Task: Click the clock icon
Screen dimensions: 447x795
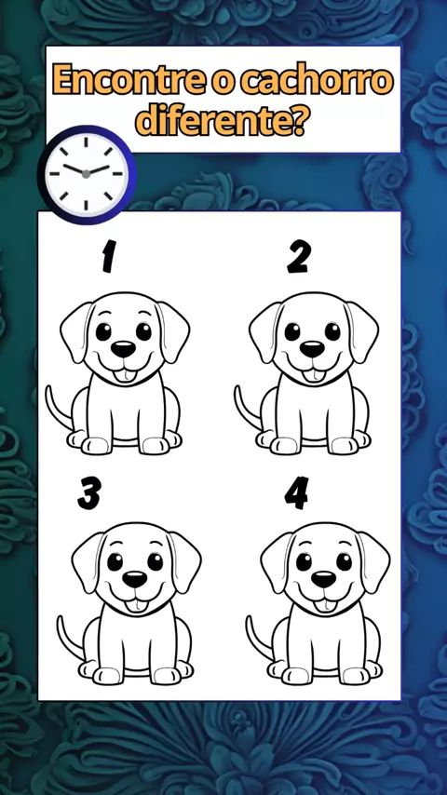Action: (87, 174)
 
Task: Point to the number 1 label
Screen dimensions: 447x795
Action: (108, 256)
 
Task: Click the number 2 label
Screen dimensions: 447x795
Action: (298, 256)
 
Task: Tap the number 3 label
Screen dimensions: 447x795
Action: (89, 492)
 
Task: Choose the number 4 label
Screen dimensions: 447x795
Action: (297, 492)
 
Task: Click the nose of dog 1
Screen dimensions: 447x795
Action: (123, 349)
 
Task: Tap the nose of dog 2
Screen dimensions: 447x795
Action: (312, 349)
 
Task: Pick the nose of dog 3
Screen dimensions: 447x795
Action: (135, 579)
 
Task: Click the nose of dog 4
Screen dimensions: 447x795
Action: (324, 579)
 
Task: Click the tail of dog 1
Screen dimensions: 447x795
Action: (56, 409)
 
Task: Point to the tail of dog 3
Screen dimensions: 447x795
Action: (67, 639)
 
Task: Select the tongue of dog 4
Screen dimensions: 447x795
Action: (323, 606)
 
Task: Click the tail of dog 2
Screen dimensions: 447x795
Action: (245, 409)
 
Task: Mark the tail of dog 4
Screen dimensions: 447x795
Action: (257, 639)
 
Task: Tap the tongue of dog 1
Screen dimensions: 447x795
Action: (122, 375)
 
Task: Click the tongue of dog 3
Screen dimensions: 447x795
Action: (134, 606)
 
